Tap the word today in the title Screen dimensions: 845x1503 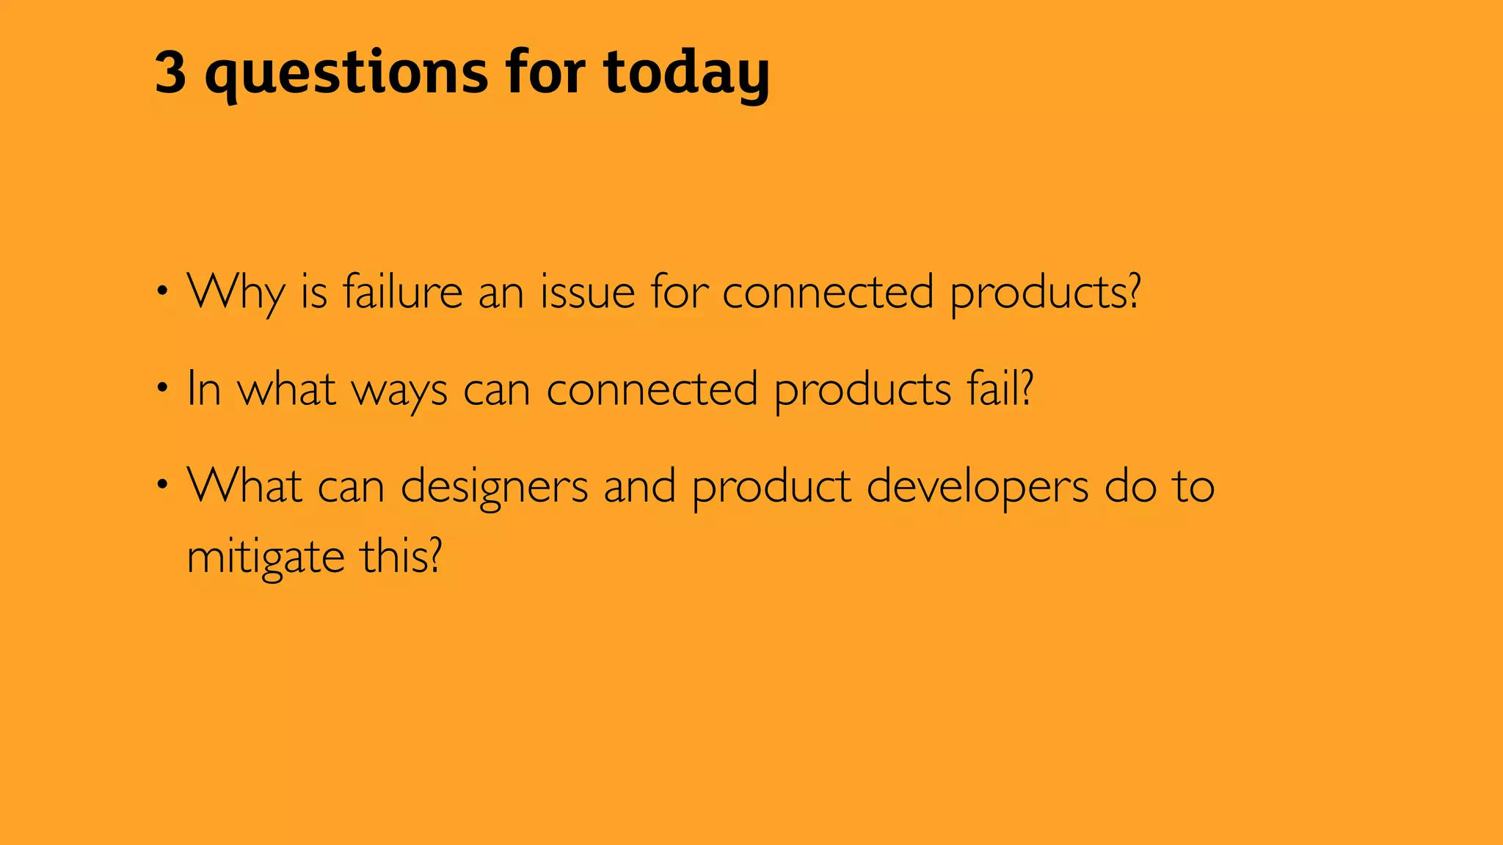pyautogui.click(x=686, y=73)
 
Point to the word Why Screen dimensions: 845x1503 pyautogui.click(x=236, y=293)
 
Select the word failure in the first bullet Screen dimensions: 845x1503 pyautogui.click(x=402, y=291)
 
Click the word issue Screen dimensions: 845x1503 pyautogui.click(x=587, y=291)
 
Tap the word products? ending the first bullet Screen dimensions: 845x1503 pyautogui.click(x=1045, y=293)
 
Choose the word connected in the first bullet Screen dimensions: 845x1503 pyautogui.click(x=828, y=291)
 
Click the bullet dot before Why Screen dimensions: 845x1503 pyautogui.click(x=163, y=291)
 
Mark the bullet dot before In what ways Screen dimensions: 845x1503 pyautogui.click(x=163, y=388)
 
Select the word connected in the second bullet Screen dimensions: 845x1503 pyautogui.click(x=652, y=388)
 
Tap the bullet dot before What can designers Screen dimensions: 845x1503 pyautogui.click(x=163, y=485)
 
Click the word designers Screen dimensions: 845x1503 pyautogui.click(x=494, y=486)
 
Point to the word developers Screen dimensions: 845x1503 pyautogui.click(x=977, y=486)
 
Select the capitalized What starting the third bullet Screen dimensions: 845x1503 pyautogui.click(x=244, y=485)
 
